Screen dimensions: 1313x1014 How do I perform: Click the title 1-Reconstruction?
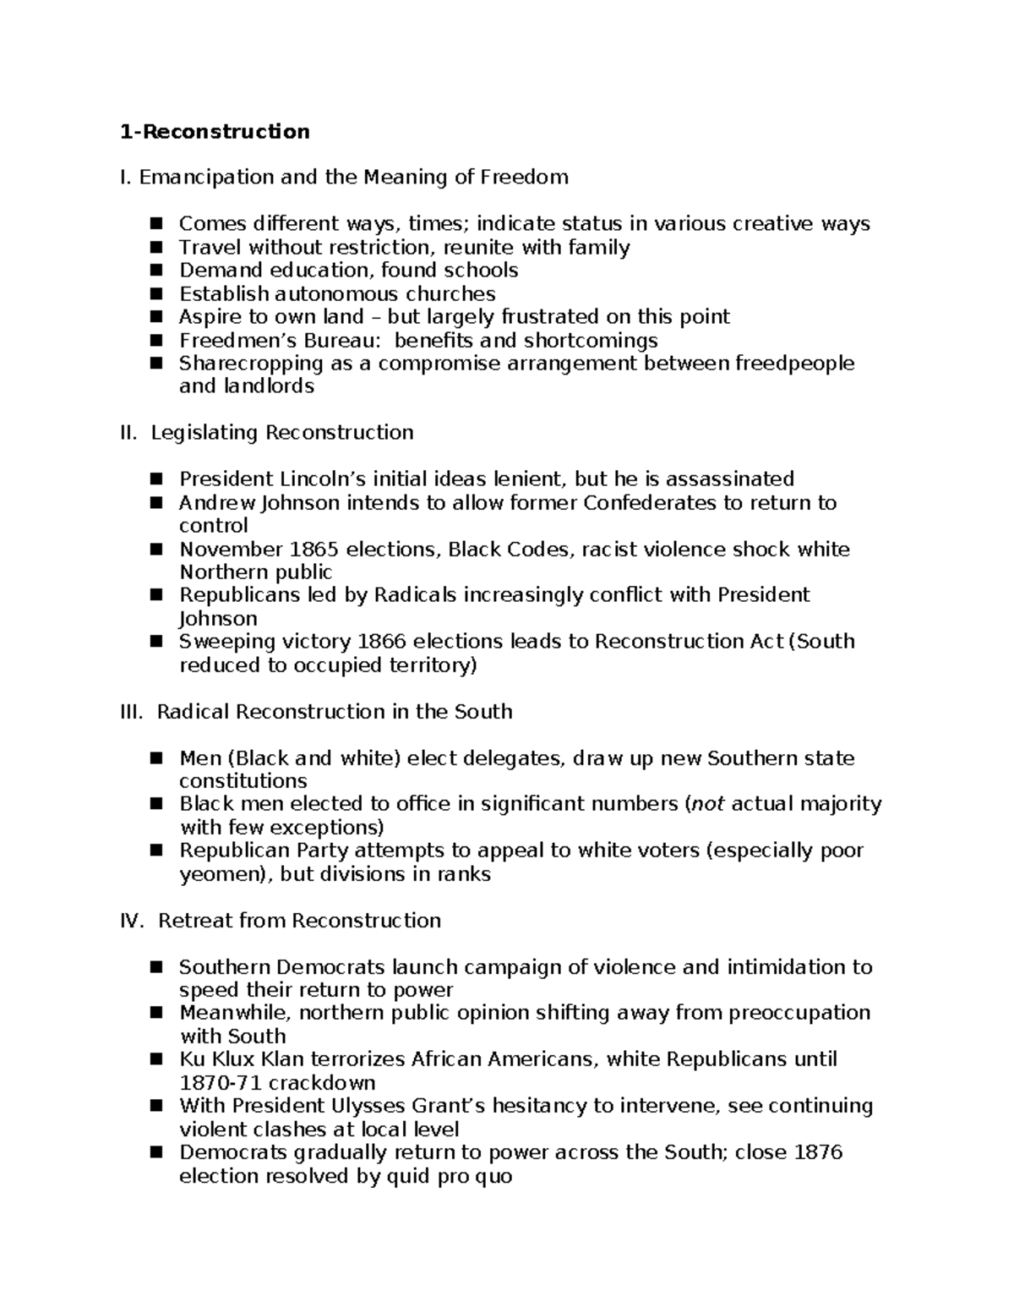215,132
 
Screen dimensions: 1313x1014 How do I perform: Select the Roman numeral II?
128,433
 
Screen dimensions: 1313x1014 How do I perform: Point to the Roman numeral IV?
132,921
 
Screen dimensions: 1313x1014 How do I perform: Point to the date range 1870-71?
221,1083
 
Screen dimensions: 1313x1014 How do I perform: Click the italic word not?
708,804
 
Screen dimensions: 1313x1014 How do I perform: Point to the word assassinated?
729,479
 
